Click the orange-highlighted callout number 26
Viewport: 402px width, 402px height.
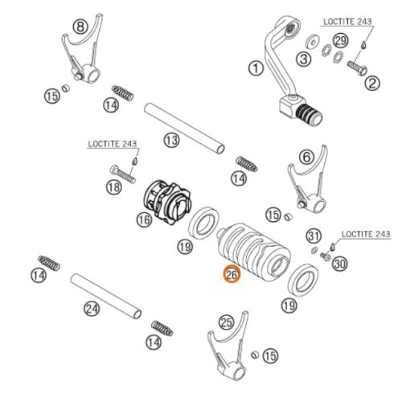click(232, 274)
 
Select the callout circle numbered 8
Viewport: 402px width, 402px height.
click(80, 27)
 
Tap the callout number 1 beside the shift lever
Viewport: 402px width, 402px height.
click(256, 68)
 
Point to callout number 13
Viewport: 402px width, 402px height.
click(171, 140)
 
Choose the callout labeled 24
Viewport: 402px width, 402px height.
click(92, 309)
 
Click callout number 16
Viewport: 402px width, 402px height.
click(144, 219)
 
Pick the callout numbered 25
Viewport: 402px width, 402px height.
click(227, 322)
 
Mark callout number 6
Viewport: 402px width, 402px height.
click(307, 157)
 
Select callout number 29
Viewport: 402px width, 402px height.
click(341, 41)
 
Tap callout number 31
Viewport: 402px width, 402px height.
click(314, 236)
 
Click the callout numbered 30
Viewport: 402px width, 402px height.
click(340, 264)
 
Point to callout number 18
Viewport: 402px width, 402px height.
click(114, 187)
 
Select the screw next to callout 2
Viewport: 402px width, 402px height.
click(357, 68)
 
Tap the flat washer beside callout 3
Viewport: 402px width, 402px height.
click(313, 42)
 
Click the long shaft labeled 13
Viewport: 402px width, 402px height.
click(184, 129)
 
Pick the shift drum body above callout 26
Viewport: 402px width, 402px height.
click(254, 252)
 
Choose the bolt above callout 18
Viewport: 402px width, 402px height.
click(123, 173)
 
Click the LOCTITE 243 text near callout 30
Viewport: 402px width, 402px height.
click(366, 234)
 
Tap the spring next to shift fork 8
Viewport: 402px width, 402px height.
click(122, 92)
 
